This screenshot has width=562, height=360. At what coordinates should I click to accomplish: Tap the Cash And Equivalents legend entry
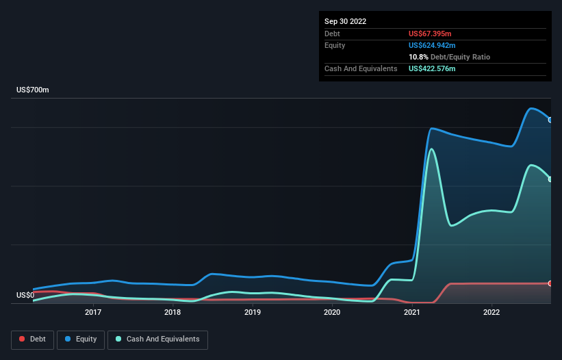click(157, 339)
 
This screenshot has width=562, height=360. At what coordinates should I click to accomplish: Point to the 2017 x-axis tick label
click(93, 313)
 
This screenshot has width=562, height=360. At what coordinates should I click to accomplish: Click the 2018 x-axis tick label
click(173, 313)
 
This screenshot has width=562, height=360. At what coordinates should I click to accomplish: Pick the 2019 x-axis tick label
click(253, 313)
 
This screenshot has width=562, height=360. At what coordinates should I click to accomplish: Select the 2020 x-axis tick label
click(332, 313)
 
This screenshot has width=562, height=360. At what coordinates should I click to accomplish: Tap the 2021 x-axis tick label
click(412, 313)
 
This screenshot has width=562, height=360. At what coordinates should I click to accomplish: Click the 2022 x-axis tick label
click(491, 313)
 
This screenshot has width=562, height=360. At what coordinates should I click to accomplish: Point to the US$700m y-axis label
click(33, 90)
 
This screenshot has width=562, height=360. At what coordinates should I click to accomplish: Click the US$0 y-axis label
click(25, 296)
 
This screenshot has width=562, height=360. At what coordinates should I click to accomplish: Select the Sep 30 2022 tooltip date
click(346, 21)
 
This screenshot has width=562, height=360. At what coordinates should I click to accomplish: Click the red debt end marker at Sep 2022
click(550, 283)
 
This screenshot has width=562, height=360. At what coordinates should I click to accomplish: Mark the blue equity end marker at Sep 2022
click(550, 120)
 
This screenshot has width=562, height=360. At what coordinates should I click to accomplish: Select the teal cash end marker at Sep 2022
click(550, 179)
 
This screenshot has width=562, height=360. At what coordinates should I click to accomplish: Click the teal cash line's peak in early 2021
click(431, 149)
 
